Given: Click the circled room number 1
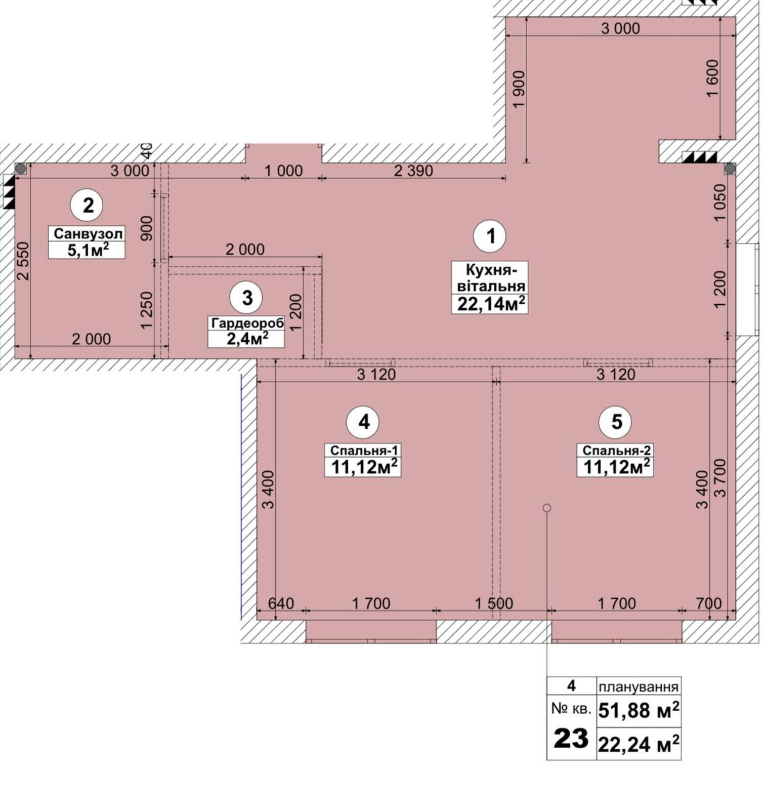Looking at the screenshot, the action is click(490, 236).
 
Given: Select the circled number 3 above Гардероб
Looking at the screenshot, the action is click(246, 298).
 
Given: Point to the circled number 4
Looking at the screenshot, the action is click(363, 422).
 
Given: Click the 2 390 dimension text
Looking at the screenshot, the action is click(413, 171).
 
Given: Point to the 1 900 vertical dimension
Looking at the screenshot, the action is click(519, 89).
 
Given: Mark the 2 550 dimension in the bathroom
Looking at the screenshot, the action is click(23, 261).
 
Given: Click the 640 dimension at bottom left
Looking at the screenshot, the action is click(280, 603).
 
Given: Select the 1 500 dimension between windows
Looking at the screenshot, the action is click(493, 603).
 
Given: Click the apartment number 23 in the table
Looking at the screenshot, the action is click(571, 738).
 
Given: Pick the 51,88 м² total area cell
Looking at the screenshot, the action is click(639, 710).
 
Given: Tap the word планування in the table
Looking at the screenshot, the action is click(639, 687).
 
